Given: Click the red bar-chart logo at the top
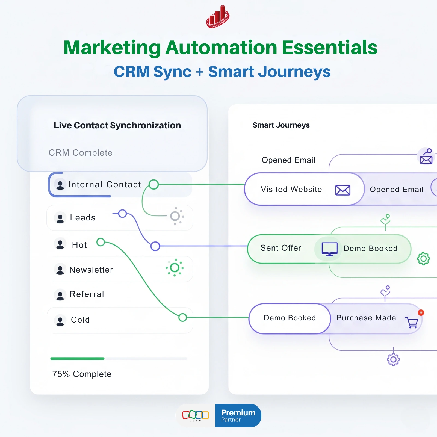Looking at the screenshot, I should coord(218,17).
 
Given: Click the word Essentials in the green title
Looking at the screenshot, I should coord(329,48).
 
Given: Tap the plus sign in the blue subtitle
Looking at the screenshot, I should coord(200,72).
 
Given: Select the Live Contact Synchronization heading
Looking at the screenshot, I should coord(117,125).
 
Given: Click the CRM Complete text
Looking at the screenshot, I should coord(81,153).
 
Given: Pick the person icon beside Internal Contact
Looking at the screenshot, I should coord(60,185).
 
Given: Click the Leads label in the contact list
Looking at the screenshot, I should coord(83,218).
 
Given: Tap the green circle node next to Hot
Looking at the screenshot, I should coord(101,242).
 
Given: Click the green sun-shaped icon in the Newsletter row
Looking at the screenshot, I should coord(175,268).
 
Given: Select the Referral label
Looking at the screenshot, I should coord(87,294).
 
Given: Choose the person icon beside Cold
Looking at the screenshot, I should coord(60,320).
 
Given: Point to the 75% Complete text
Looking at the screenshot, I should coord(82,374).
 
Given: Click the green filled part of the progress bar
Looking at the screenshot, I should coord(77,359).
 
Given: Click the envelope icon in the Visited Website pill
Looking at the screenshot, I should coord(343,190).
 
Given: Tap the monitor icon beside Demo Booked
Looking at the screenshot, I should coord(329,249).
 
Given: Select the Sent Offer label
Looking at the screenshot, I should coord(281,248).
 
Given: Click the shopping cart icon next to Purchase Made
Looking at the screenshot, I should coord(412,322).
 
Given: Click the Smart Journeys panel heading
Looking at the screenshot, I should coord(281,125).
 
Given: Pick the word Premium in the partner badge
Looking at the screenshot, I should coord(238,413).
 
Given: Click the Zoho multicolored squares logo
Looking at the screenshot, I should coord(195,415).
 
